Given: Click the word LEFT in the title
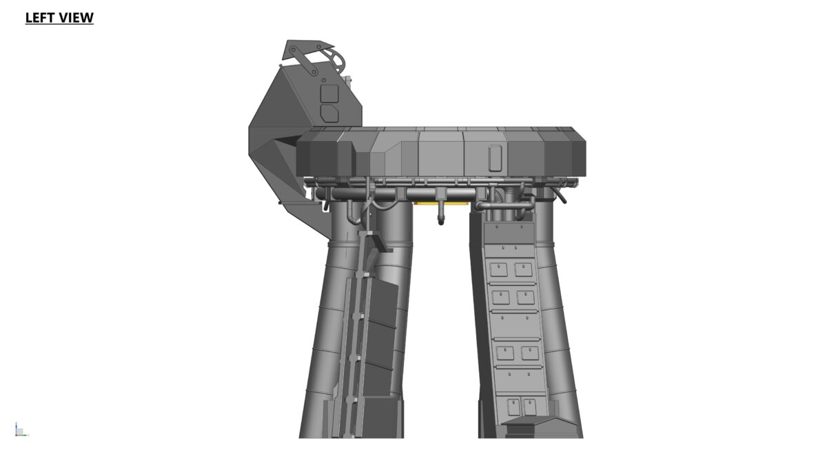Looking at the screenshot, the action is point(40,18).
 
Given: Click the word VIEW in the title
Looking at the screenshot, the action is point(76,18).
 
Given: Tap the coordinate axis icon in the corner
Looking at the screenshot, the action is point(21,430).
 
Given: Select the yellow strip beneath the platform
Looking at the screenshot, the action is point(442,203).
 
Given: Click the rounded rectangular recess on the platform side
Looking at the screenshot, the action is point(495,158).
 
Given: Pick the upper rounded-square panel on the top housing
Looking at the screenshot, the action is point(329,94).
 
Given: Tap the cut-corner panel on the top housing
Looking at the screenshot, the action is point(329,113).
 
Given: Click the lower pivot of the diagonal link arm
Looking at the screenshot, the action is point(314,72).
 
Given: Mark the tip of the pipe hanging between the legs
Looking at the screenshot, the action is point(441,223).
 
